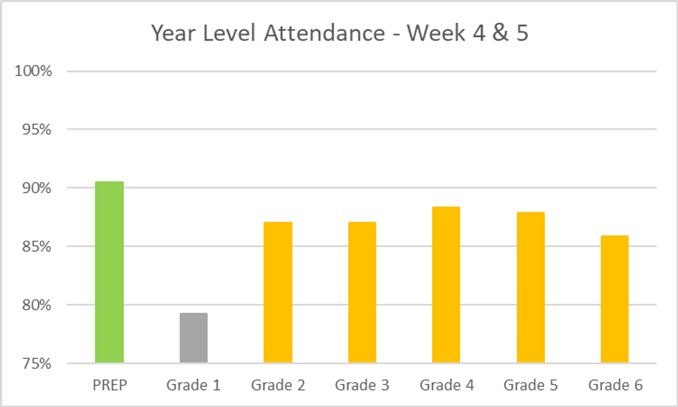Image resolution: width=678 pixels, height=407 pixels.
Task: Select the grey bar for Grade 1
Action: click(x=194, y=338)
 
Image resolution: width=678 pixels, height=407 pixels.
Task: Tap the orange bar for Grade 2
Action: click(x=278, y=292)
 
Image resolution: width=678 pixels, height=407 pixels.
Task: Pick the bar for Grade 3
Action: click(x=362, y=292)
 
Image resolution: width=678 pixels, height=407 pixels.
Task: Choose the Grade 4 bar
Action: click(x=446, y=285)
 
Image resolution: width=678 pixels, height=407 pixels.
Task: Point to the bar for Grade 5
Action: click(x=531, y=287)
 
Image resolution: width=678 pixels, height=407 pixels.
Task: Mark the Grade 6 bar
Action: click(x=615, y=299)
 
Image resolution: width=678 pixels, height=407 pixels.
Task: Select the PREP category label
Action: click(x=109, y=386)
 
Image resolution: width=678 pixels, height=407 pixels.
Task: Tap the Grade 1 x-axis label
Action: click(x=194, y=386)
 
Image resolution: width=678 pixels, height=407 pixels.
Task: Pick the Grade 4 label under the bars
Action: click(x=446, y=386)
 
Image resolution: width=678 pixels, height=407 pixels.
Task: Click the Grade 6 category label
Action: click(x=615, y=386)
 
